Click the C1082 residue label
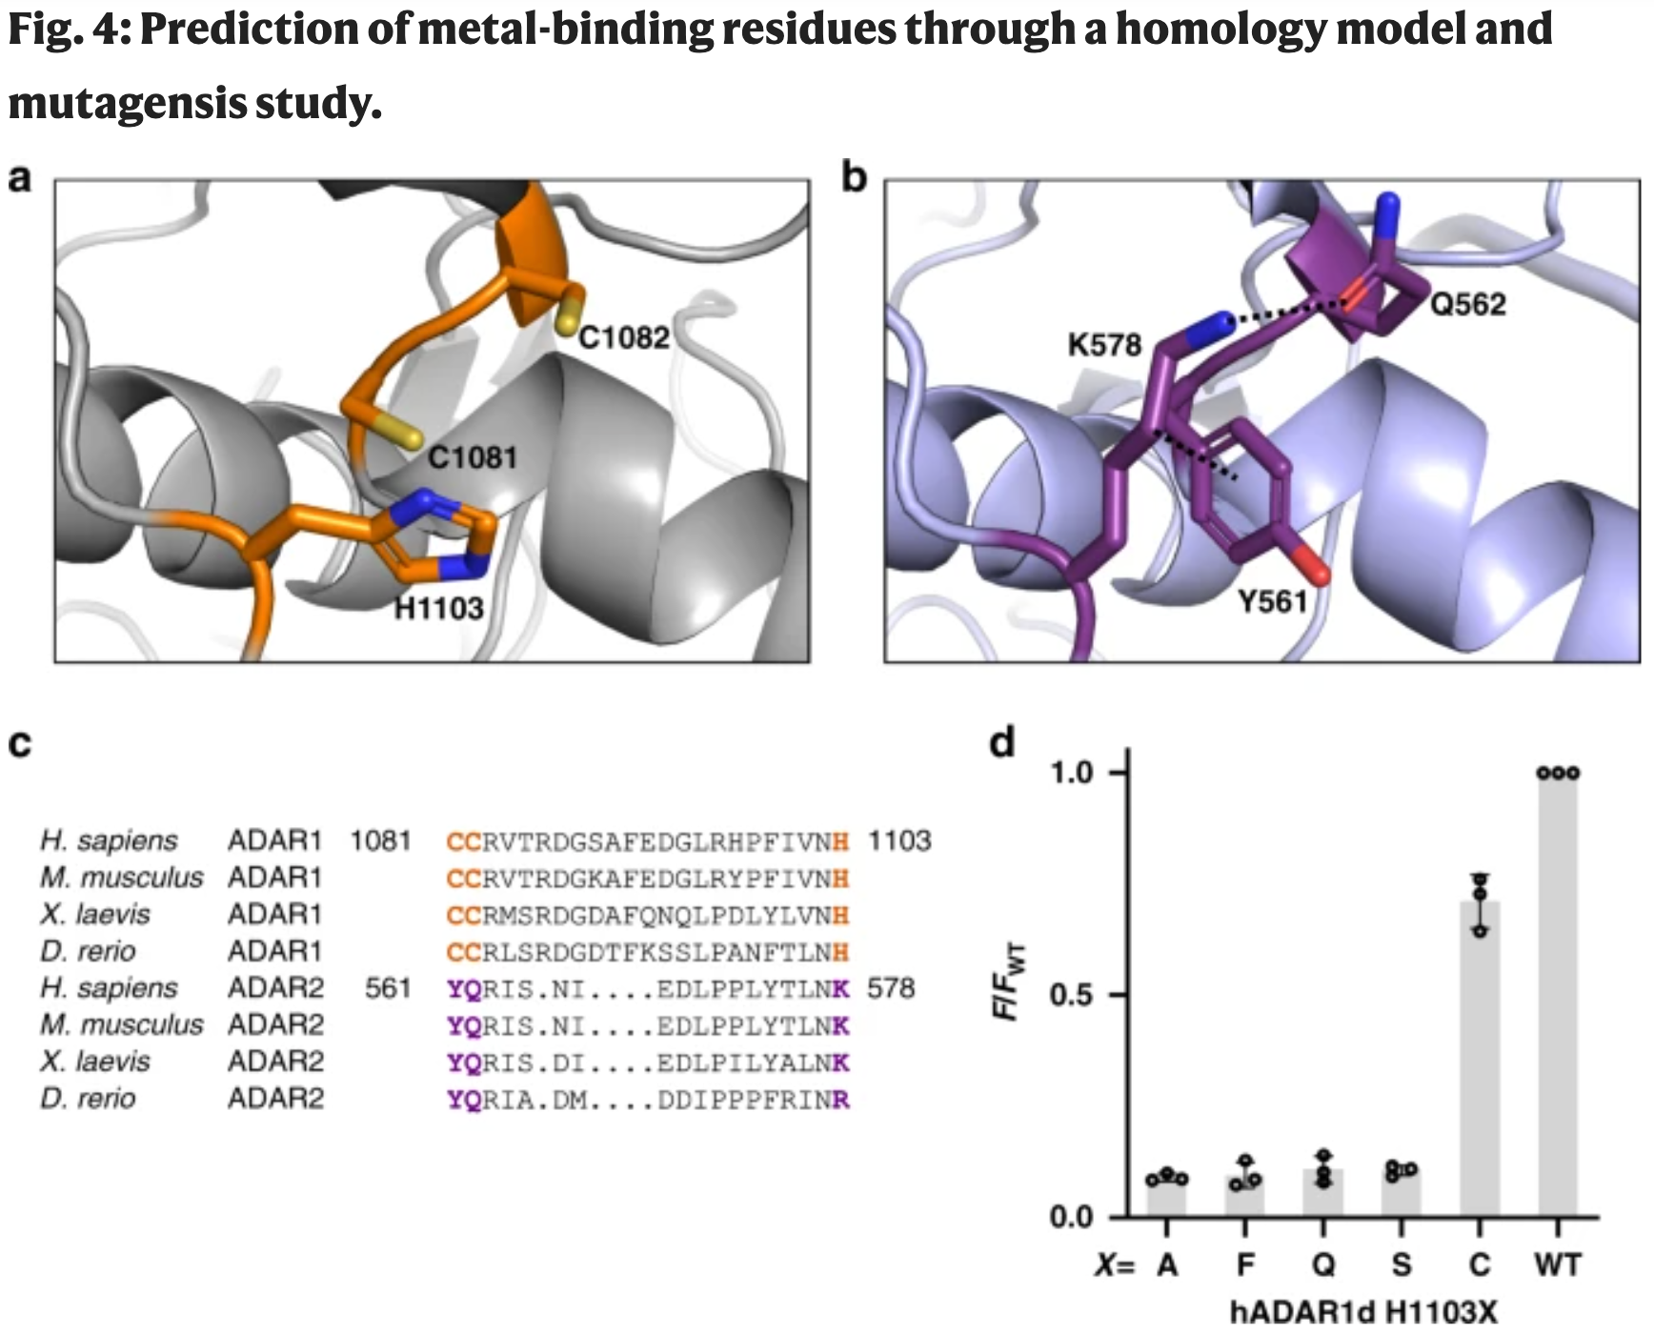624,337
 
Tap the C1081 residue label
472,457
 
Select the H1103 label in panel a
439,608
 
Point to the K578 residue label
1104,344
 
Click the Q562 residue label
1468,305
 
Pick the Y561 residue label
1272,602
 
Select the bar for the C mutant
1480,1058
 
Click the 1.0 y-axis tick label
1072,773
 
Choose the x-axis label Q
1323,1264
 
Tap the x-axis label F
1245,1264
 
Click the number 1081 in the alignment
380,841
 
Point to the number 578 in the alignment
891,988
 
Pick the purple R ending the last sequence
840,1101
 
